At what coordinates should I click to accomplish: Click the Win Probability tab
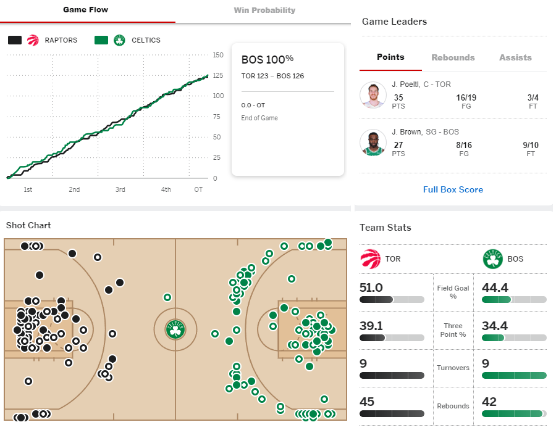(x=264, y=10)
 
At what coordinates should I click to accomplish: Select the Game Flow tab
(x=85, y=10)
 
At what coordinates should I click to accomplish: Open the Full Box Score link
(x=453, y=189)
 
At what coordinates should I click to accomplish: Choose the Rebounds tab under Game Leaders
(x=453, y=57)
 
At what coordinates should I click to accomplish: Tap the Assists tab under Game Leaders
(x=515, y=57)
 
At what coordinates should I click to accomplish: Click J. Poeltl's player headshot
(x=373, y=95)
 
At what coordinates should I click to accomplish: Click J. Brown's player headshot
(x=373, y=143)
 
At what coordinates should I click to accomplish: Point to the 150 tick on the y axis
(x=218, y=55)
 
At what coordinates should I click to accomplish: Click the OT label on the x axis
(x=198, y=189)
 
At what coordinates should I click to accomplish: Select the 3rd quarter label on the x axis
(x=120, y=189)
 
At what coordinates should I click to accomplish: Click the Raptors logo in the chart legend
(x=33, y=40)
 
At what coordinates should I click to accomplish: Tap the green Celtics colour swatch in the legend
(x=101, y=40)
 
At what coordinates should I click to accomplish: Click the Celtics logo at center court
(x=175, y=329)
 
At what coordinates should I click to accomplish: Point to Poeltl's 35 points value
(x=398, y=97)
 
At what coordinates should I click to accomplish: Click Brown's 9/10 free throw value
(x=531, y=145)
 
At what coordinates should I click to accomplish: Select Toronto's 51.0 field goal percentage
(x=371, y=287)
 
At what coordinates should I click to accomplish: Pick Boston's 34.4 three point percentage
(x=495, y=326)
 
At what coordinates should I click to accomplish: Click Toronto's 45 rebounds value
(x=366, y=402)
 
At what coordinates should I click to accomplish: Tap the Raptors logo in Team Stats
(x=370, y=259)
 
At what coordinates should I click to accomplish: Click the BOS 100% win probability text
(x=267, y=59)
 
